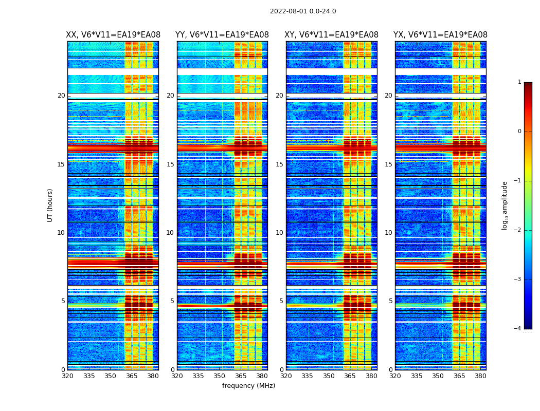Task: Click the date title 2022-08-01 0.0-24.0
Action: point(303,11)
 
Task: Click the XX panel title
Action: point(113,35)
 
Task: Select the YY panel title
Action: point(222,35)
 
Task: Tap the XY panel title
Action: point(332,35)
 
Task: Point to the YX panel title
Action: point(440,35)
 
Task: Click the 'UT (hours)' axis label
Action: point(50,205)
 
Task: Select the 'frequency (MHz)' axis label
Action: point(248,386)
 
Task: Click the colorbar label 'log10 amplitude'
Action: point(505,205)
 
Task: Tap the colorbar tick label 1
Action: point(519,82)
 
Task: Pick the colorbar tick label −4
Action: point(518,329)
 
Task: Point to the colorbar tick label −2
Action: point(518,230)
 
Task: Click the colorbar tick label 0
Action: point(519,132)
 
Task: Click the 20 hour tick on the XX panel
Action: point(61,96)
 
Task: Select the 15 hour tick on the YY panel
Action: point(170,164)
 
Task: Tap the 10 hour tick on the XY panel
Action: point(279,233)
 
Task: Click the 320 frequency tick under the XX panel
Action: point(67,376)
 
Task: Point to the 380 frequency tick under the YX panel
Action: point(480,376)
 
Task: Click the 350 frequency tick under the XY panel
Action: point(329,376)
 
